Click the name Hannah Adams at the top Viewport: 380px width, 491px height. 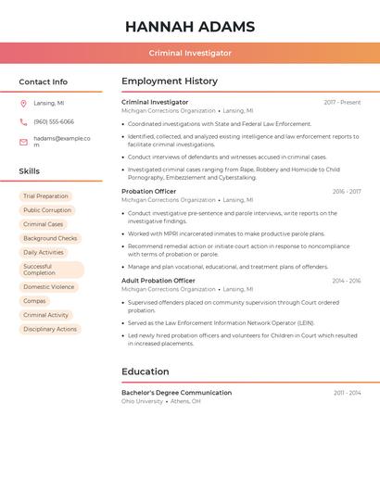[x=190, y=26]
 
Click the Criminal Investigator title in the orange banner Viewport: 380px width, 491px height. [x=190, y=53]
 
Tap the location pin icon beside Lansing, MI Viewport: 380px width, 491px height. [x=23, y=103]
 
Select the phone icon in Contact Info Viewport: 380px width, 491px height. [x=23, y=121]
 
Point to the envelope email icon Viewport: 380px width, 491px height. [x=23, y=142]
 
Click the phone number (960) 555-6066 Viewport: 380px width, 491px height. [x=54, y=121]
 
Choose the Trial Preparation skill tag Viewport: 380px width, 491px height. [x=45, y=196]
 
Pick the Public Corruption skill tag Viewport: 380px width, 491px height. [x=47, y=210]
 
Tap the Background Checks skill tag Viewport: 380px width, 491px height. [x=50, y=238]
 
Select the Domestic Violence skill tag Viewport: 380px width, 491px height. [x=49, y=287]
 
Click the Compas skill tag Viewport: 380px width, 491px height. [x=34, y=301]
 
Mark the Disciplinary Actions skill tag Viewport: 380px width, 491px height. [x=50, y=329]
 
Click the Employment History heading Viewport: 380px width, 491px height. [x=170, y=82]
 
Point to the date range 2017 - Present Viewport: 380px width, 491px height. [x=342, y=102]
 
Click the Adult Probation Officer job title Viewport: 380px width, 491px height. [x=158, y=280]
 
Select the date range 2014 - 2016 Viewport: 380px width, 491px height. [x=347, y=280]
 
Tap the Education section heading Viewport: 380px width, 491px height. [x=146, y=371]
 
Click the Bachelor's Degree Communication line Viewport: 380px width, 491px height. [x=176, y=393]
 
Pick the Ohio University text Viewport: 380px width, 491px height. [x=142, y=401]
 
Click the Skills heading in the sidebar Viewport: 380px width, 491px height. [x=30, y=171]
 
